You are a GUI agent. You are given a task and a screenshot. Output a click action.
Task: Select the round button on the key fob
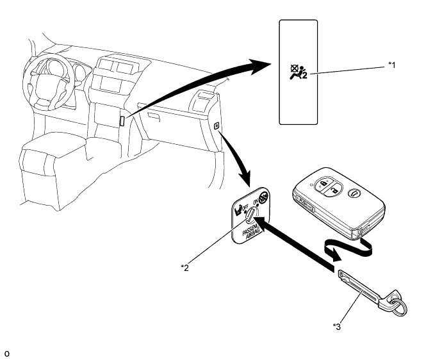point(353,190)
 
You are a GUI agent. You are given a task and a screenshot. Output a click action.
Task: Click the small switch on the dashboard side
point(217,126)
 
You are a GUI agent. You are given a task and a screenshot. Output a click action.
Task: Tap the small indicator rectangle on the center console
point(122,120)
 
